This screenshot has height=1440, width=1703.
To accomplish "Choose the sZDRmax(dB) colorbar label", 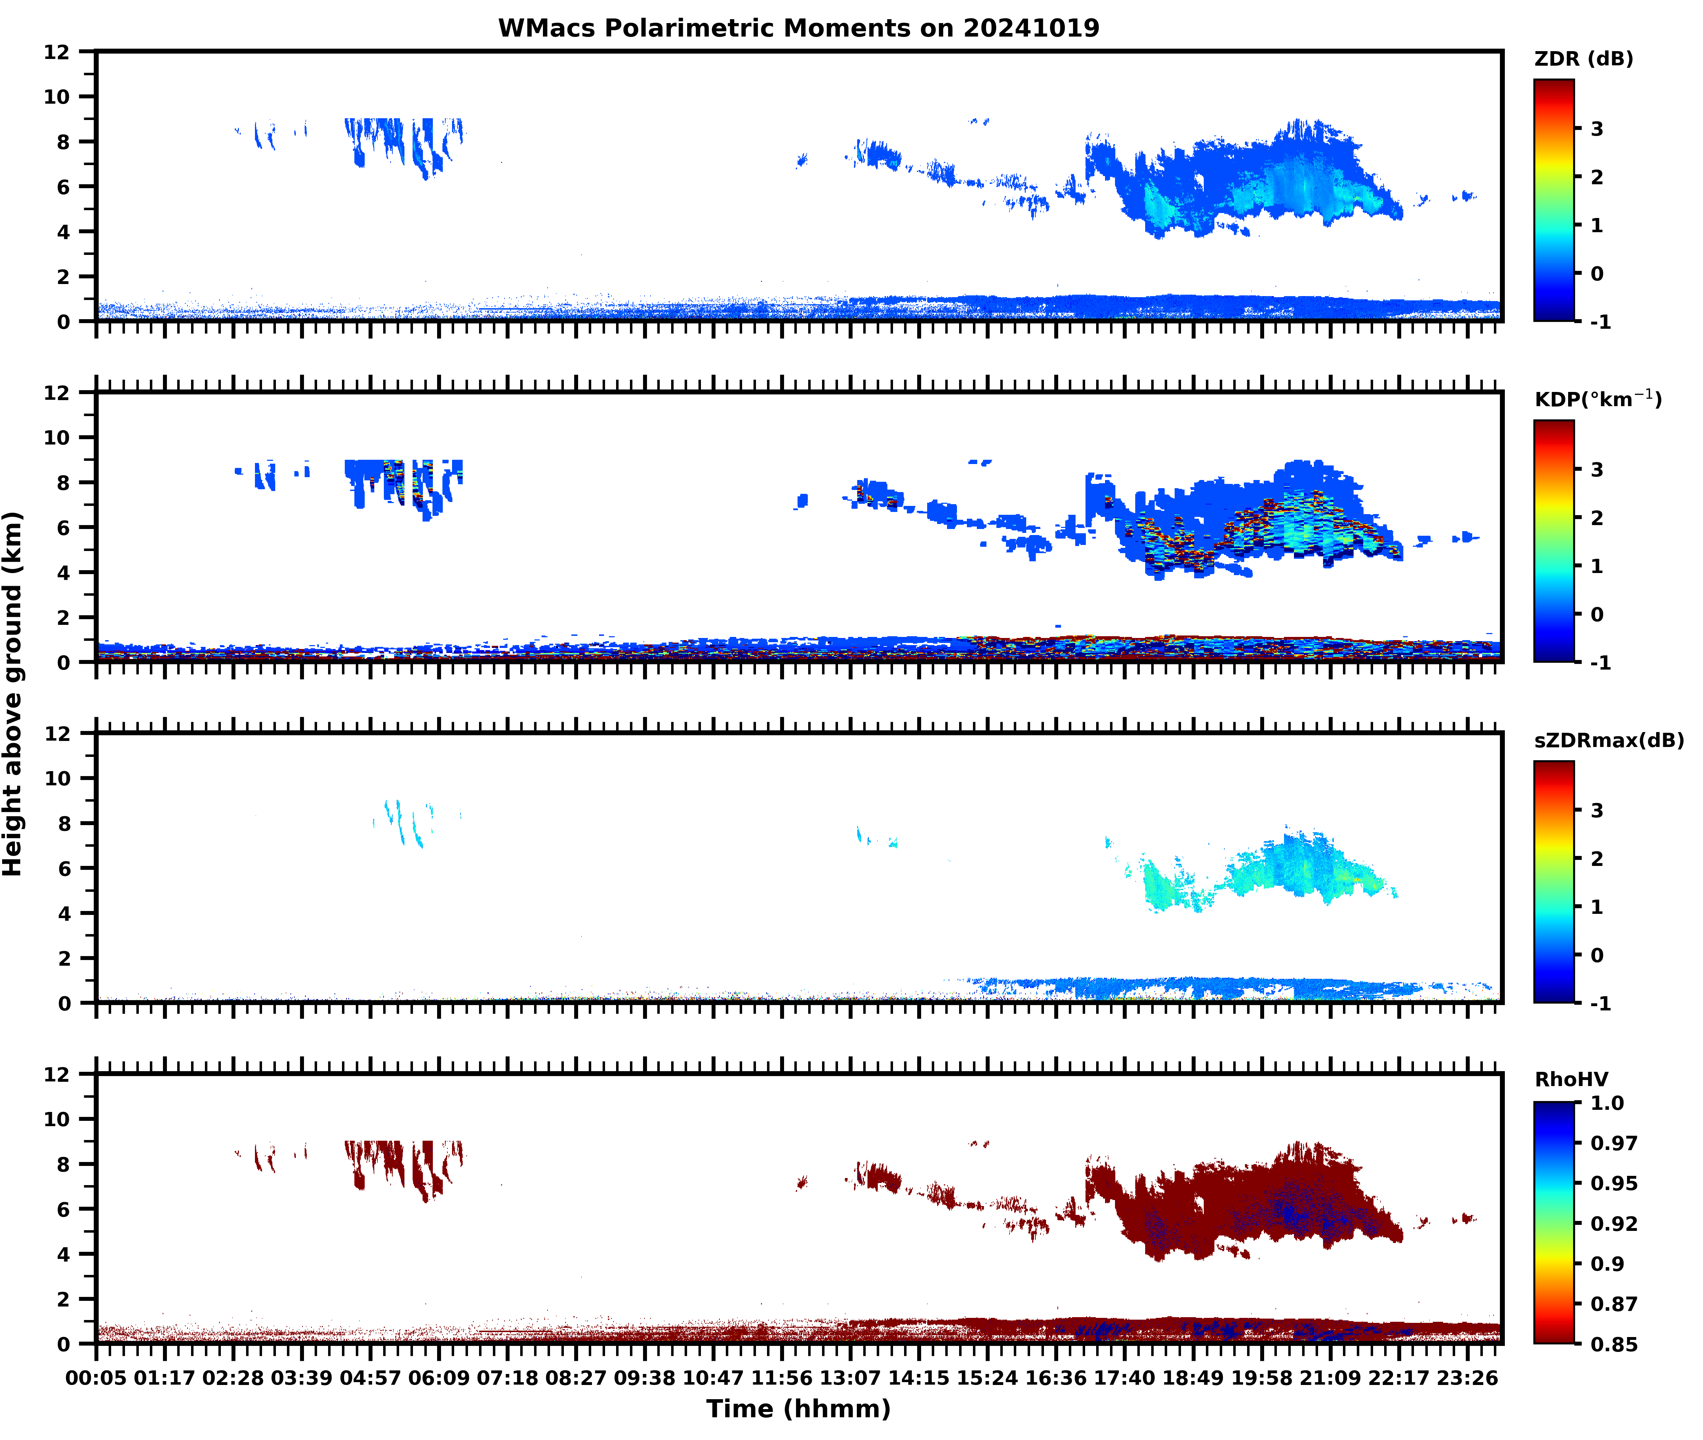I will click(1608, 740).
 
